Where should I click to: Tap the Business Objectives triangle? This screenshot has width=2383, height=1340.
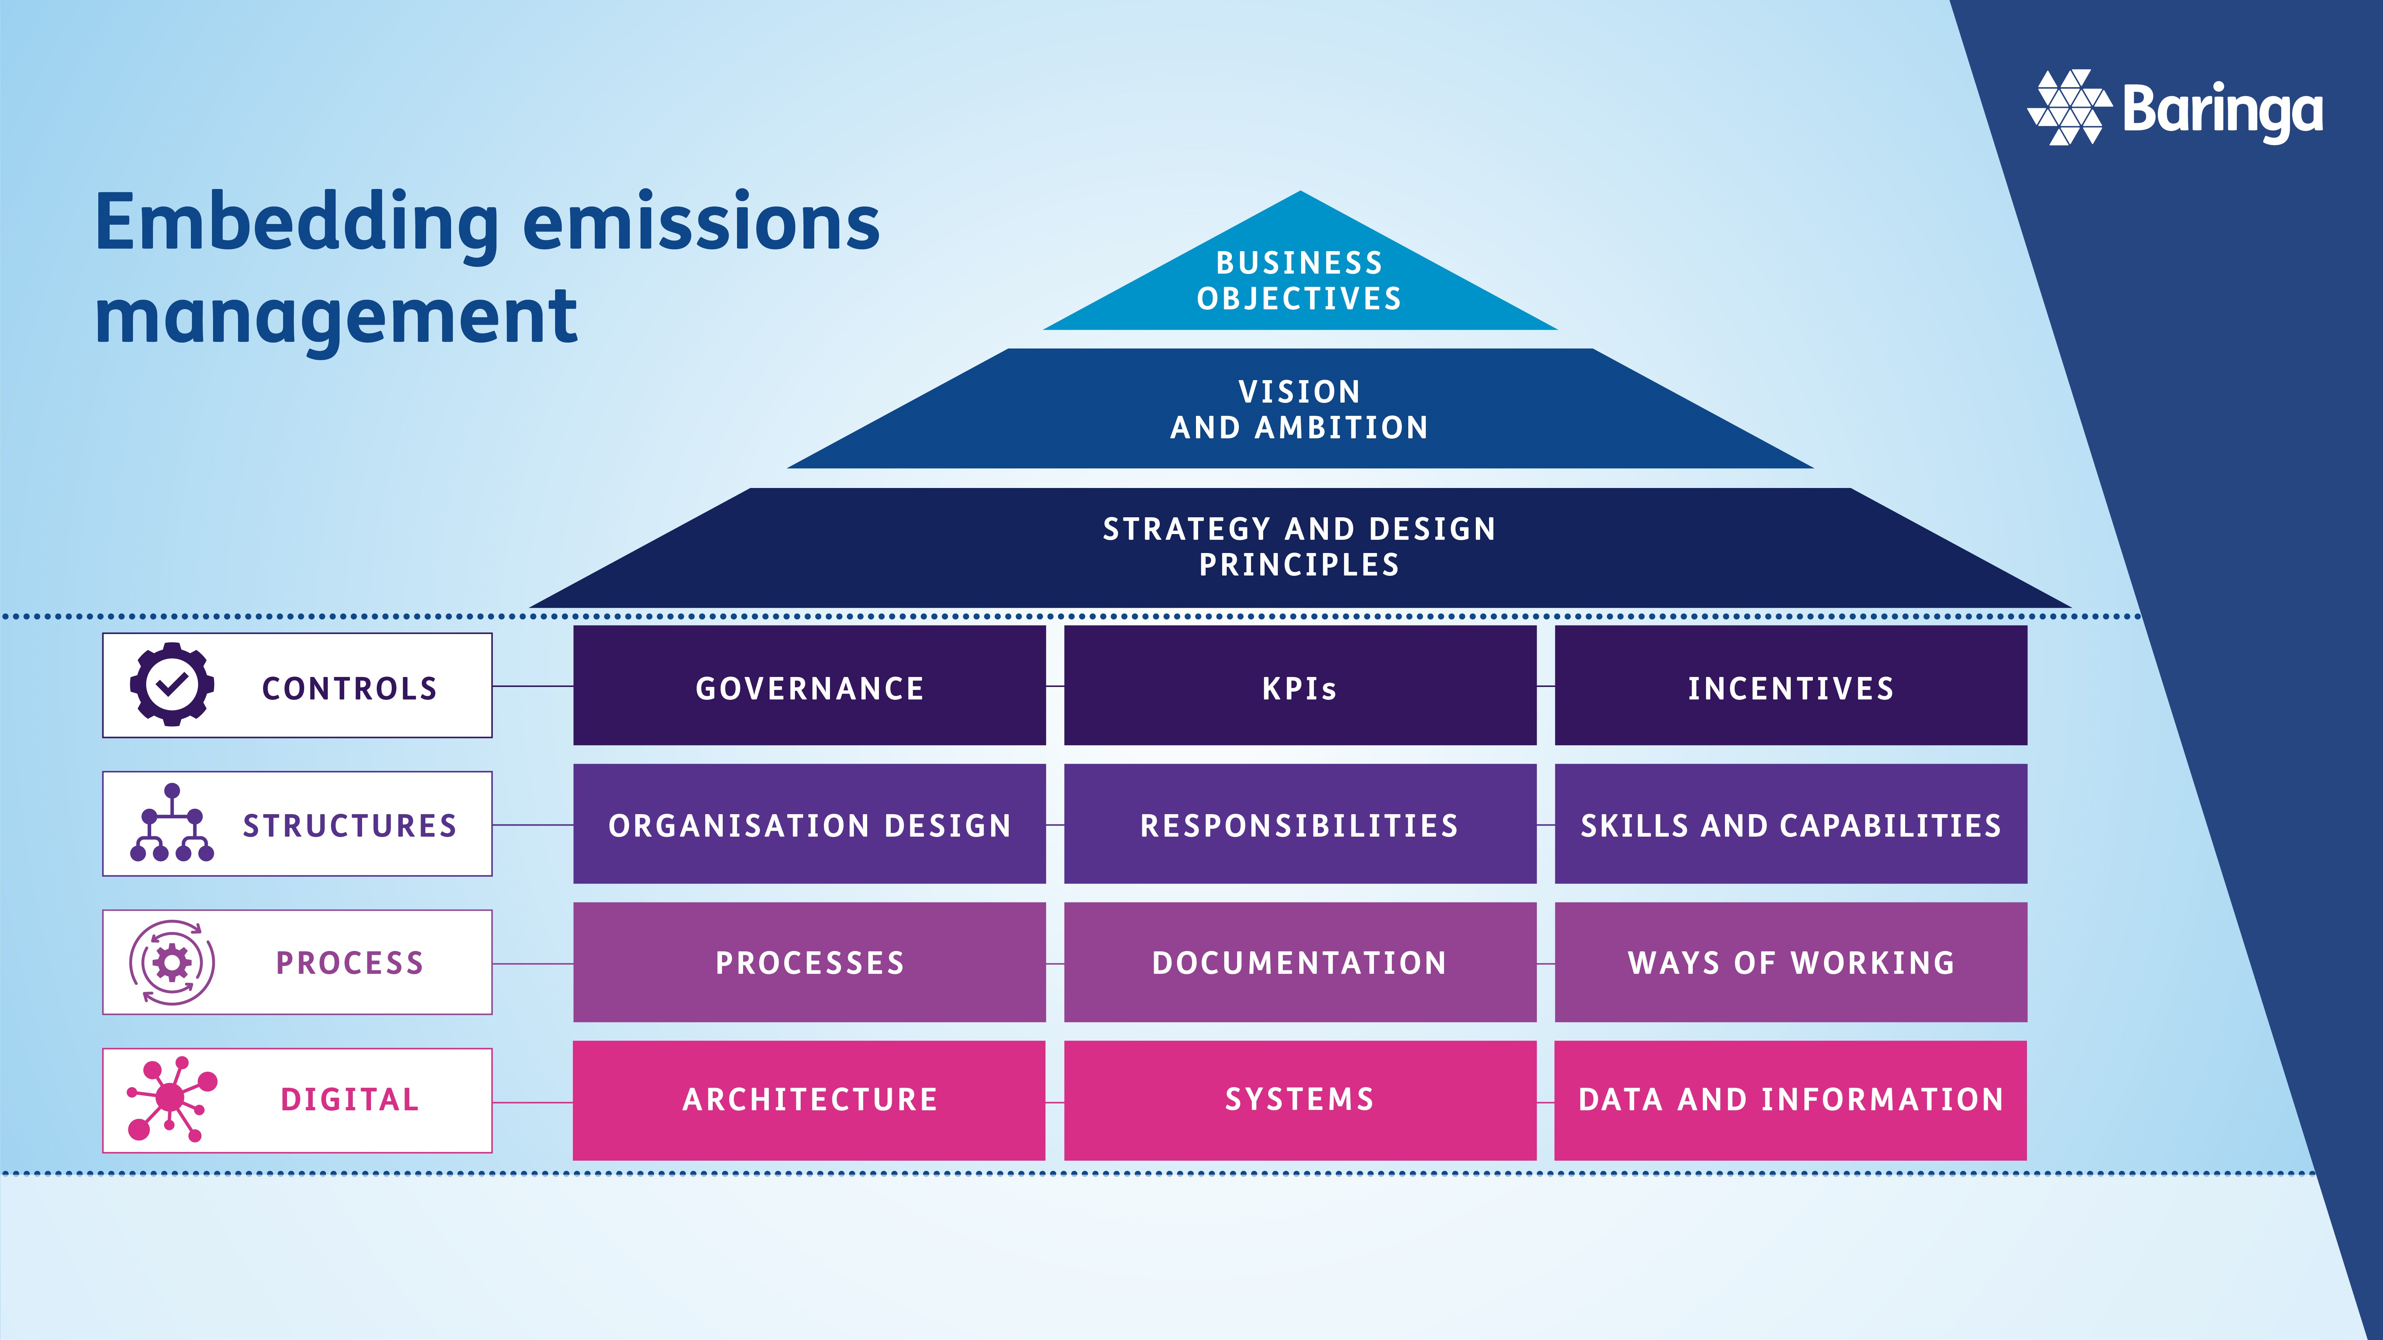1300,278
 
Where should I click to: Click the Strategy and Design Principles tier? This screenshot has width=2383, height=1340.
1300,547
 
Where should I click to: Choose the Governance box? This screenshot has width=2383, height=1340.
810,686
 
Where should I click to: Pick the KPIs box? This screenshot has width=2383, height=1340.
1300,686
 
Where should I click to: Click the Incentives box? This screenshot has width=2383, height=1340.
1790,686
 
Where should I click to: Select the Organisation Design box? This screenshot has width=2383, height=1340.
810,824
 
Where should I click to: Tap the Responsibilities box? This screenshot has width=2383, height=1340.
1300,824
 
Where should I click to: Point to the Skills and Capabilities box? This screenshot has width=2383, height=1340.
1790,824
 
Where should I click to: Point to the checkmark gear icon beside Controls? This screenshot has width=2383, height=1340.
172,684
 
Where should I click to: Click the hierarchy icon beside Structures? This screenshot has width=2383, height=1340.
172,823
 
